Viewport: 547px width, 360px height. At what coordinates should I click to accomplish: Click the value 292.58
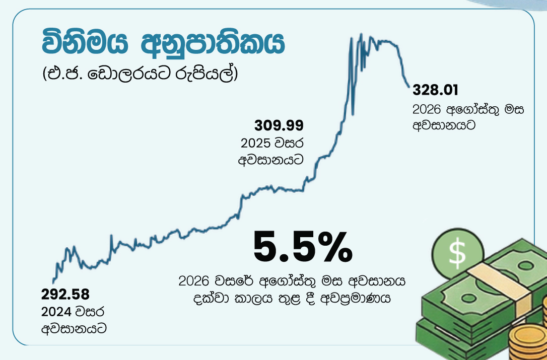click(x=65, y=295)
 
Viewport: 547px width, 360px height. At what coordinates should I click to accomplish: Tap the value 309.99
click(x=279, y=125)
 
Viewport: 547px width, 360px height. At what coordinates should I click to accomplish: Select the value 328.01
click(x=435, y=90)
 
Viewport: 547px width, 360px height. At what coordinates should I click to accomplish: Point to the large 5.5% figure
click(x=303, y=247)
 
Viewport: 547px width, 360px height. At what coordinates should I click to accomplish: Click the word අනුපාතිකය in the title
click(x=213, y=43)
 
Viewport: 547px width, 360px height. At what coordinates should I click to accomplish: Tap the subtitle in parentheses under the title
click(x=140, y=74)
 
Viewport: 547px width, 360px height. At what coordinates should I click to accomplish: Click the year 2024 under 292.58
click(x=56, y=312)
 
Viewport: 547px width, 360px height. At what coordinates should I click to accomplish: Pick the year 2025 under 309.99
click(x=256, y=143)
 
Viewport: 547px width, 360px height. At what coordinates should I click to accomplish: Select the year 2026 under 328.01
click(x=428, y=110)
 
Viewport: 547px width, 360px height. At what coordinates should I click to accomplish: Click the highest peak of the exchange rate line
click(x=361, y=34)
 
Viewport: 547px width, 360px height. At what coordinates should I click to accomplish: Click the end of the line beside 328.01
click(x=409, y=86)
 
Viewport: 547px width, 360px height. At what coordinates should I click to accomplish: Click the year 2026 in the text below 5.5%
click(x=194, y=281)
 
